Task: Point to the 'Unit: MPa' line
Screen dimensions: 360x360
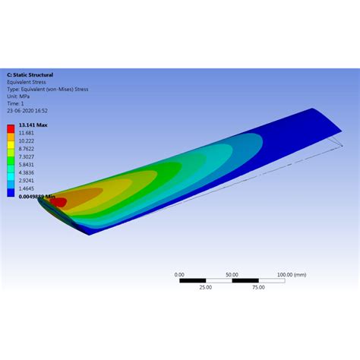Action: click(19, 96)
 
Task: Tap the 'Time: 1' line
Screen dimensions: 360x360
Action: click(17, 103)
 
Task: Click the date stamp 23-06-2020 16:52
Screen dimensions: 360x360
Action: click(26, 109)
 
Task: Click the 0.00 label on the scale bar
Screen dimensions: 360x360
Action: click(179, 274)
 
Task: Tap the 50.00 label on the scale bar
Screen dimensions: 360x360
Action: click(232, 274)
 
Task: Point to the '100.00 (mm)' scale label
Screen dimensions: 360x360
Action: click(291, 274)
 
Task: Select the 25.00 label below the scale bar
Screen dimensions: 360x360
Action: click(205, 288)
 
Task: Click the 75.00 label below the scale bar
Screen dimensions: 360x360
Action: click(258, 288)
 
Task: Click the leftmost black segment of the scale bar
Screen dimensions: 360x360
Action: click(192, 281)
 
